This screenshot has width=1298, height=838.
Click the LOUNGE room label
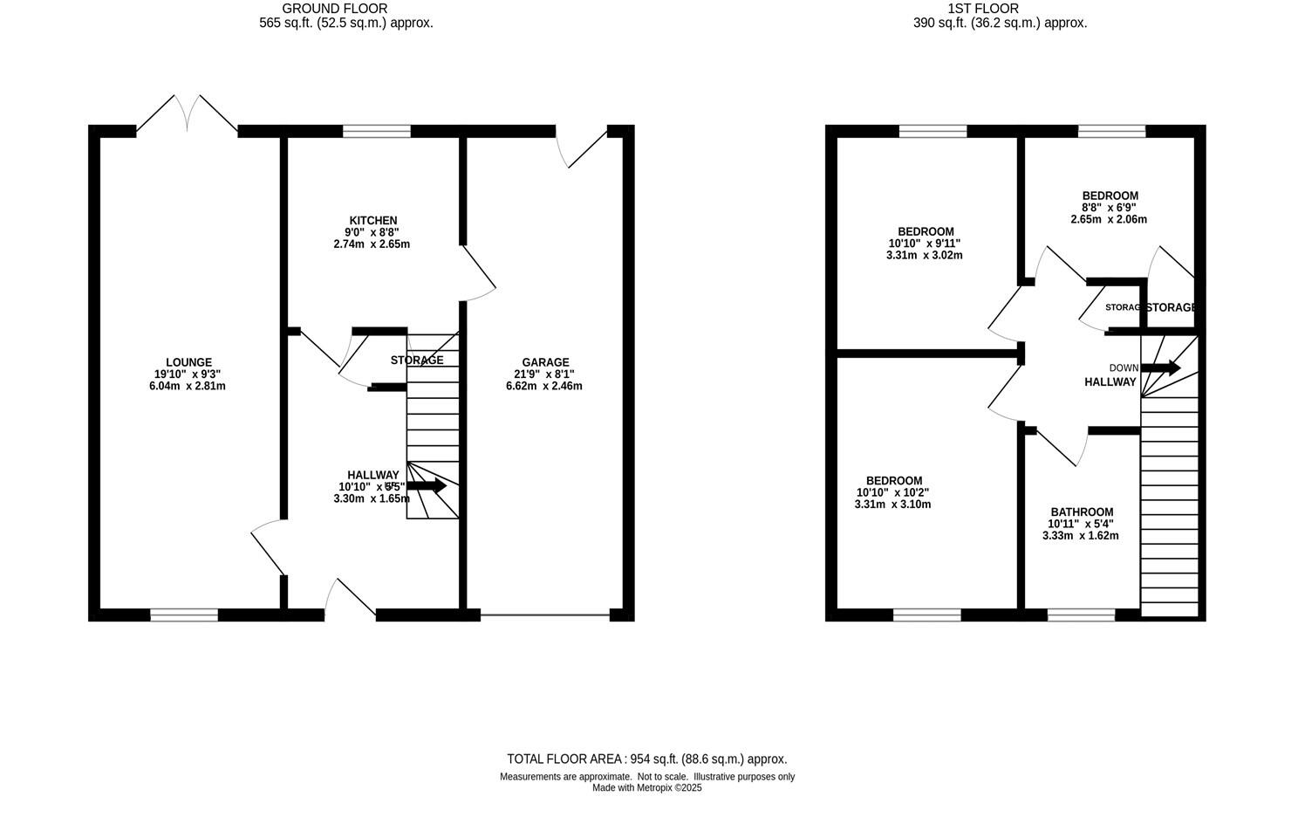[188, 362]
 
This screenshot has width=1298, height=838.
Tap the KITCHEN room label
[372, 221]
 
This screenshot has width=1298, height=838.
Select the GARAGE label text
[545, 362]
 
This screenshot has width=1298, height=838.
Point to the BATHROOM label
[1082, 512]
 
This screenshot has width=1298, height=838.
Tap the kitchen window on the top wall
[376, 132]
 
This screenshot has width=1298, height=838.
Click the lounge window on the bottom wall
[184, 615]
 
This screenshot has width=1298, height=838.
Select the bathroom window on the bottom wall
[1081, 615]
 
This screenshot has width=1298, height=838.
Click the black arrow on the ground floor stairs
[427, 485]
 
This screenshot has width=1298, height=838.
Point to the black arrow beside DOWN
[1161, 368]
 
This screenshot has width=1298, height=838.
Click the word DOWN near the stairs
[1124, 368]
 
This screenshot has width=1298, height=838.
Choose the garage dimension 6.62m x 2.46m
[543, 386]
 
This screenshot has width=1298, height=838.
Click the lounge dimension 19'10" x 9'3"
[188, 374]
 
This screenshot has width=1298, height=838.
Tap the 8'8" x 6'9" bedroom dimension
[1109, 208]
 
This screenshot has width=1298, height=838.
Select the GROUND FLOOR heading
[346, 9]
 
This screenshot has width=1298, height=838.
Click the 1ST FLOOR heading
[1000, 9]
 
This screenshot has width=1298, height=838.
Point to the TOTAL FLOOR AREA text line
[646, 759]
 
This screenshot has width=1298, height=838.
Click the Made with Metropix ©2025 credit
[646, 787]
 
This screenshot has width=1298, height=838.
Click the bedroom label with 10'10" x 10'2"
[893, 481]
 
